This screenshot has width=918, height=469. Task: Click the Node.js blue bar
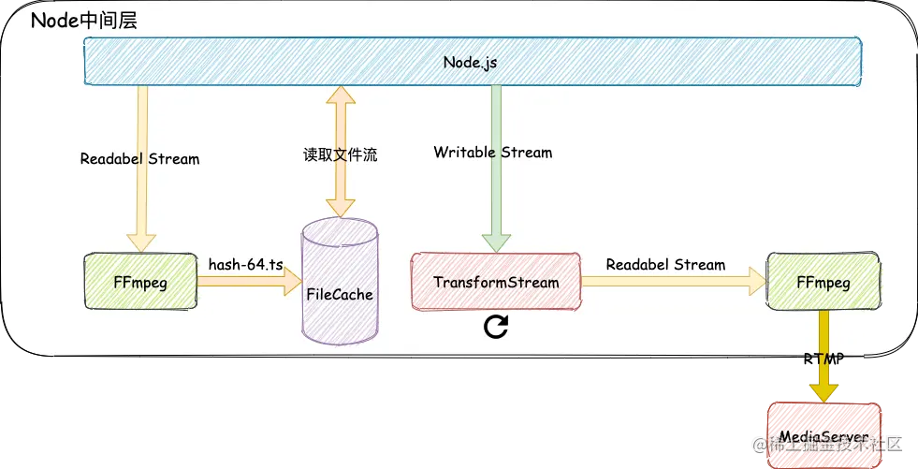point(472,62)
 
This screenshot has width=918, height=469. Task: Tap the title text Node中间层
point(84,21)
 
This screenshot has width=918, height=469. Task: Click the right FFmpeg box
point(823,281)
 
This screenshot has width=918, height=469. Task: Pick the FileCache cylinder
point(339,283)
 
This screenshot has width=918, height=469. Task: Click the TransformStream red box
point(496,282)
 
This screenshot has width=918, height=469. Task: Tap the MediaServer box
point(824,436)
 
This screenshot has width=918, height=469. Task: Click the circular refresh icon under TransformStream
point(496,326)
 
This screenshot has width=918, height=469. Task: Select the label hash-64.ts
point(245,265)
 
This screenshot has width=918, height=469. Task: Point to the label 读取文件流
point(340,155)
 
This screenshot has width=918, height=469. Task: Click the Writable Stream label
point(493,152)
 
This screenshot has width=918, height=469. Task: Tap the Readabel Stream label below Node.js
point(139,158)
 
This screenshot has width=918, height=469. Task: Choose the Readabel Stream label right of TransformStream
point(665,264)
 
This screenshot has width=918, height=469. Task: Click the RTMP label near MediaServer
point(824,357)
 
